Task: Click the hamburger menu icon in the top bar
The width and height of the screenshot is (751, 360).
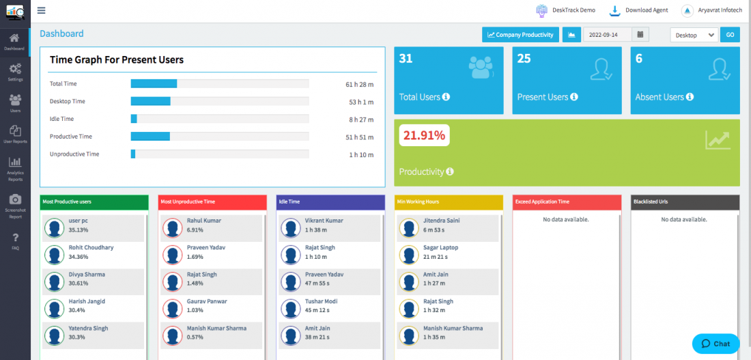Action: pos(42,10)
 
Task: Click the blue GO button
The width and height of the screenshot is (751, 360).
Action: pos(730,34)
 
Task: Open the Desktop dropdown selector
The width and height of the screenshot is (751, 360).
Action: pos(694,35)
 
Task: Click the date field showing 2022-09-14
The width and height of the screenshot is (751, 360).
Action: pos(607,34)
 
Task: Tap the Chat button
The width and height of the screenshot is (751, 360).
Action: pos(715,344)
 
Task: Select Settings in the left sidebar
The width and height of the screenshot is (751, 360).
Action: pos(15,72)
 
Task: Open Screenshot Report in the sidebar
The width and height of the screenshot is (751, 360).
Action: pos(15,205)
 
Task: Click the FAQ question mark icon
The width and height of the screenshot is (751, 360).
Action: pos(15,238)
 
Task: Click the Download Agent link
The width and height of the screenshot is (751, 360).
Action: pos(640,10)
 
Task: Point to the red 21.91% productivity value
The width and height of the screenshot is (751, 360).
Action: pos(424,135)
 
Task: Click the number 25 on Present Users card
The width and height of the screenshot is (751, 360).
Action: pos(524,59)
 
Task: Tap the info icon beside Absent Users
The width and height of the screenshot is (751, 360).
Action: pos(691,97)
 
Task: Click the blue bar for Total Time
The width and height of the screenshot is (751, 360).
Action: pos(154,83)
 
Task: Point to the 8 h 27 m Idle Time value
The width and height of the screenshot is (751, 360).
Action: pos(360,119)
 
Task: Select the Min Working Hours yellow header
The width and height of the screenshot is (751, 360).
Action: pos(449,202)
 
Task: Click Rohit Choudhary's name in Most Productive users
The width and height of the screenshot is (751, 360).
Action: pos(91,247)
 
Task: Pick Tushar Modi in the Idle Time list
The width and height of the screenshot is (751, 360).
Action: pos(320,301)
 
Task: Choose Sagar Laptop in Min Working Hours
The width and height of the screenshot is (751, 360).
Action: pos(440,247)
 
